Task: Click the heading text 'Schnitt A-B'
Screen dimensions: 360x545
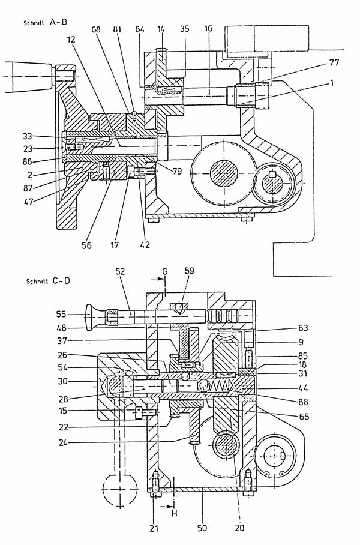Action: [46, 23]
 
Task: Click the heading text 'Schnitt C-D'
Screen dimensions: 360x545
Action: [48, 280]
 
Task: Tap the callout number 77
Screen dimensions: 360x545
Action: [334, 62]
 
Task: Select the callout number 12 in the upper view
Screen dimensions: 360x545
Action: [71, 40]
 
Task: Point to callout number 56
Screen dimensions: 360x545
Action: [86, 245]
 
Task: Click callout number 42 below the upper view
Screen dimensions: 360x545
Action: [145, 245]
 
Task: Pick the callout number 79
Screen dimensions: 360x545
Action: [177, 171]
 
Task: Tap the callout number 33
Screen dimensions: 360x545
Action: [28, 136]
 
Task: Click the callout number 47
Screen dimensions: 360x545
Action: [28, 201]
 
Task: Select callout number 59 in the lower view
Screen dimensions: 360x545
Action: [190, 271]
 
